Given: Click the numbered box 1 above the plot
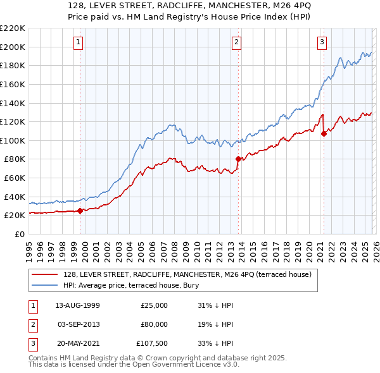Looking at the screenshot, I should coord(79,42).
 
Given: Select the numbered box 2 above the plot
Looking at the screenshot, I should coord(236,42).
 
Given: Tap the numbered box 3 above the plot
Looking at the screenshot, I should coord(322,42).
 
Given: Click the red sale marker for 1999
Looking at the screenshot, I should coord(80,211).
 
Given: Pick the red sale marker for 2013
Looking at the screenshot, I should coord(238,159).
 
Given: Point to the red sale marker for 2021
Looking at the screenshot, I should coord(324,133).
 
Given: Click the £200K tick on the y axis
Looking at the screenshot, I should coord(13,47).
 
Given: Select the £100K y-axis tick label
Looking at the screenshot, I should coord(13,141).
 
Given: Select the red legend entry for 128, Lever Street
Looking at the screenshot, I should coord(187,275).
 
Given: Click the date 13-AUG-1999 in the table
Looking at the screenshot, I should coord(78,305).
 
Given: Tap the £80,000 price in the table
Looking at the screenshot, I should coord(154,324).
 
